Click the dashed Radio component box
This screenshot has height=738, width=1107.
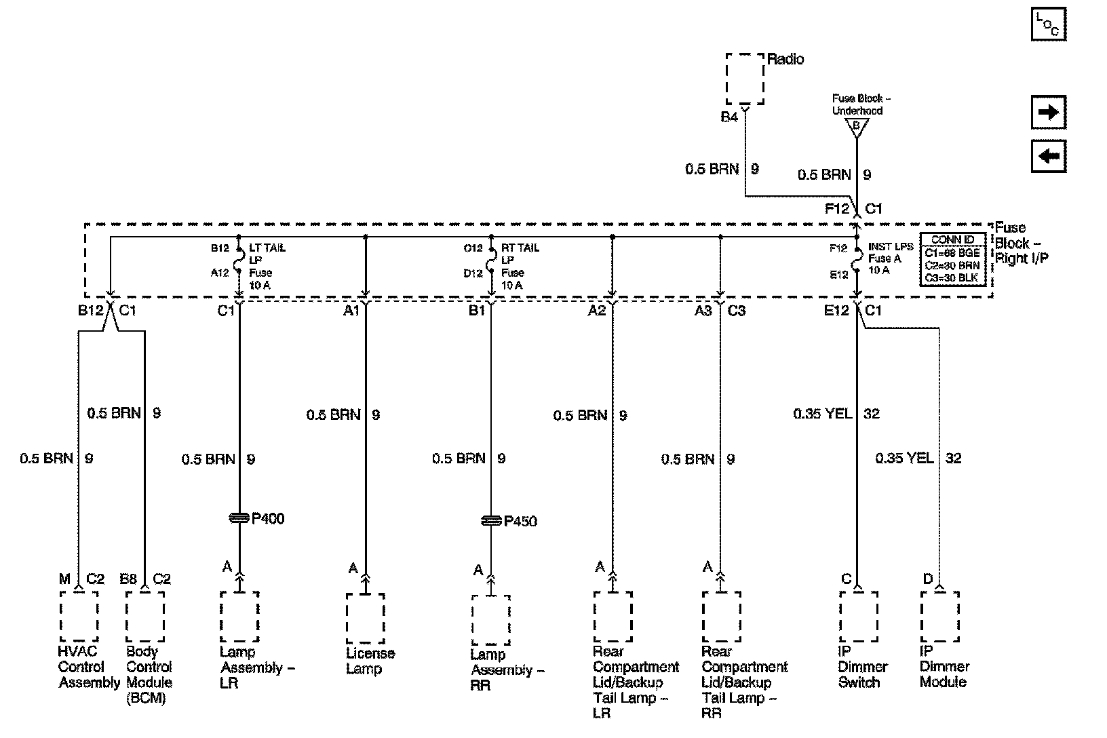(x=745, y=78)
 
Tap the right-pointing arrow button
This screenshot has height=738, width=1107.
(x=1048, y=112)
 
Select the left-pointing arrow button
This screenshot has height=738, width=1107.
(x=1048, y=157)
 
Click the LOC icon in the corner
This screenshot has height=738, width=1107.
(x=1048, y=25)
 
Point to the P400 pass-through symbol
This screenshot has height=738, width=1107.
(x=239, y=519)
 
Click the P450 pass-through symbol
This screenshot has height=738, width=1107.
(x=490, y=521)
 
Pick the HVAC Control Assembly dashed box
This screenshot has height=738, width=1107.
(x=79, y=616)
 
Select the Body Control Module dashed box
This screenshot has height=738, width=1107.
(x=144, y=616)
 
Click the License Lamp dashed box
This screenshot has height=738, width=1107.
(x=366, y=618)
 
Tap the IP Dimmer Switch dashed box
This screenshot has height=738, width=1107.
(x=858, y=616)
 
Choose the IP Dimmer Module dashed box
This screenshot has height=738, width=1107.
(x=939, y=616)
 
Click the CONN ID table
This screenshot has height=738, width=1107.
(x=952, y=258)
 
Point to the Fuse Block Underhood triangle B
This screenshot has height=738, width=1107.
(x=856, y=126)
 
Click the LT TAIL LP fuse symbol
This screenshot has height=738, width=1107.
(x=239, y=260)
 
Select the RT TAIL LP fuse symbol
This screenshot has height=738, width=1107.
(x=491, y=260)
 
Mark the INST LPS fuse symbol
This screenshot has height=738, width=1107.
(x=857, y=260)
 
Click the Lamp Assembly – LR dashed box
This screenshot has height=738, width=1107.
(x=239, y=616)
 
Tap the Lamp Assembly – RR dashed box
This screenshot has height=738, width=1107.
(x=490, y=620)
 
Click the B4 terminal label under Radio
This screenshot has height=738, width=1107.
(x=729, y=117)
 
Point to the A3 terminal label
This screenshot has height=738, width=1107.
(x=703, y=311)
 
